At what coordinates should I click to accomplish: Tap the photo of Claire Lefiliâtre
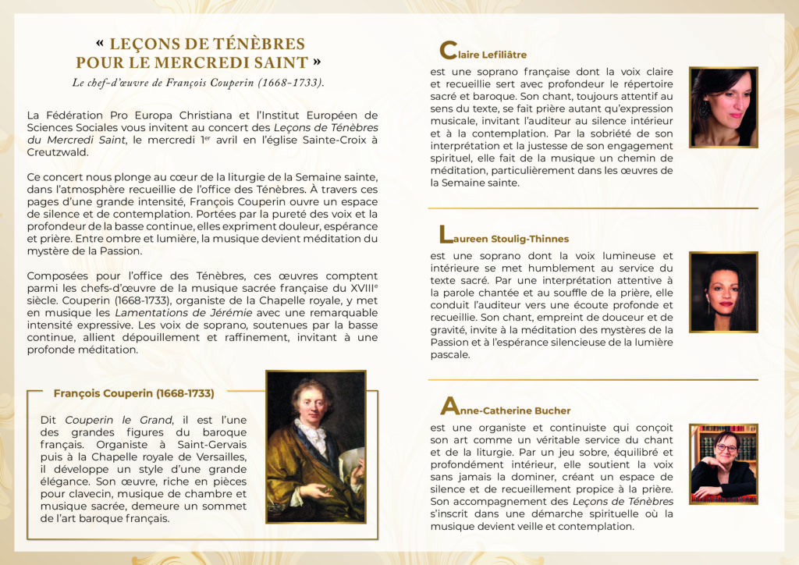(723, 107)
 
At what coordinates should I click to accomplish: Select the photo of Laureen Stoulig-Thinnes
(723, 291)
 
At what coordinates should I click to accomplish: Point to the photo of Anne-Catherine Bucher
(723, 464)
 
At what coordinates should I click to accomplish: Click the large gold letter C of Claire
(448, 51)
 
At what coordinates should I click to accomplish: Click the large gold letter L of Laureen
(446, 234)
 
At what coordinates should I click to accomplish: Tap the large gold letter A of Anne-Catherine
(449, 407)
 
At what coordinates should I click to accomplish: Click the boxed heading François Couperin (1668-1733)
(133, 393)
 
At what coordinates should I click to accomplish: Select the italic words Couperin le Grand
(118, 420)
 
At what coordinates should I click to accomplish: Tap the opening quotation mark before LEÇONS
(99, 44)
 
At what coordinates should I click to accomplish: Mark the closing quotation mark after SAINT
(316, 62)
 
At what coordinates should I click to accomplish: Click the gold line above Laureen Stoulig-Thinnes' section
(592, 208)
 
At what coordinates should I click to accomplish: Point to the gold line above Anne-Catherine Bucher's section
(592, 380)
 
